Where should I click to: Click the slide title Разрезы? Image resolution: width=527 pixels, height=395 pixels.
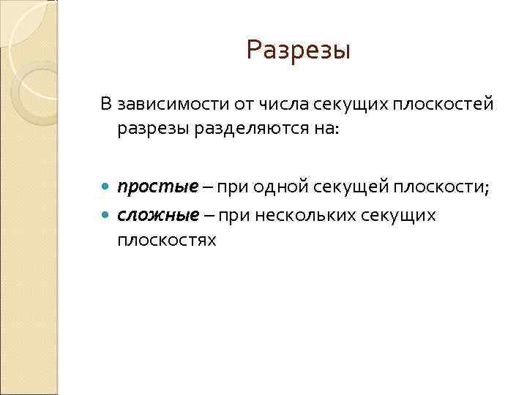pos(299,50)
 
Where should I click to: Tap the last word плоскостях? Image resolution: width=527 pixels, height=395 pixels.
pos(166,239)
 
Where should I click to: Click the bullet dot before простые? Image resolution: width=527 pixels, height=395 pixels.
pos(107,188)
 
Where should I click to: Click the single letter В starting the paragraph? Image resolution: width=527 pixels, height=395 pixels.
pos(106,105)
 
